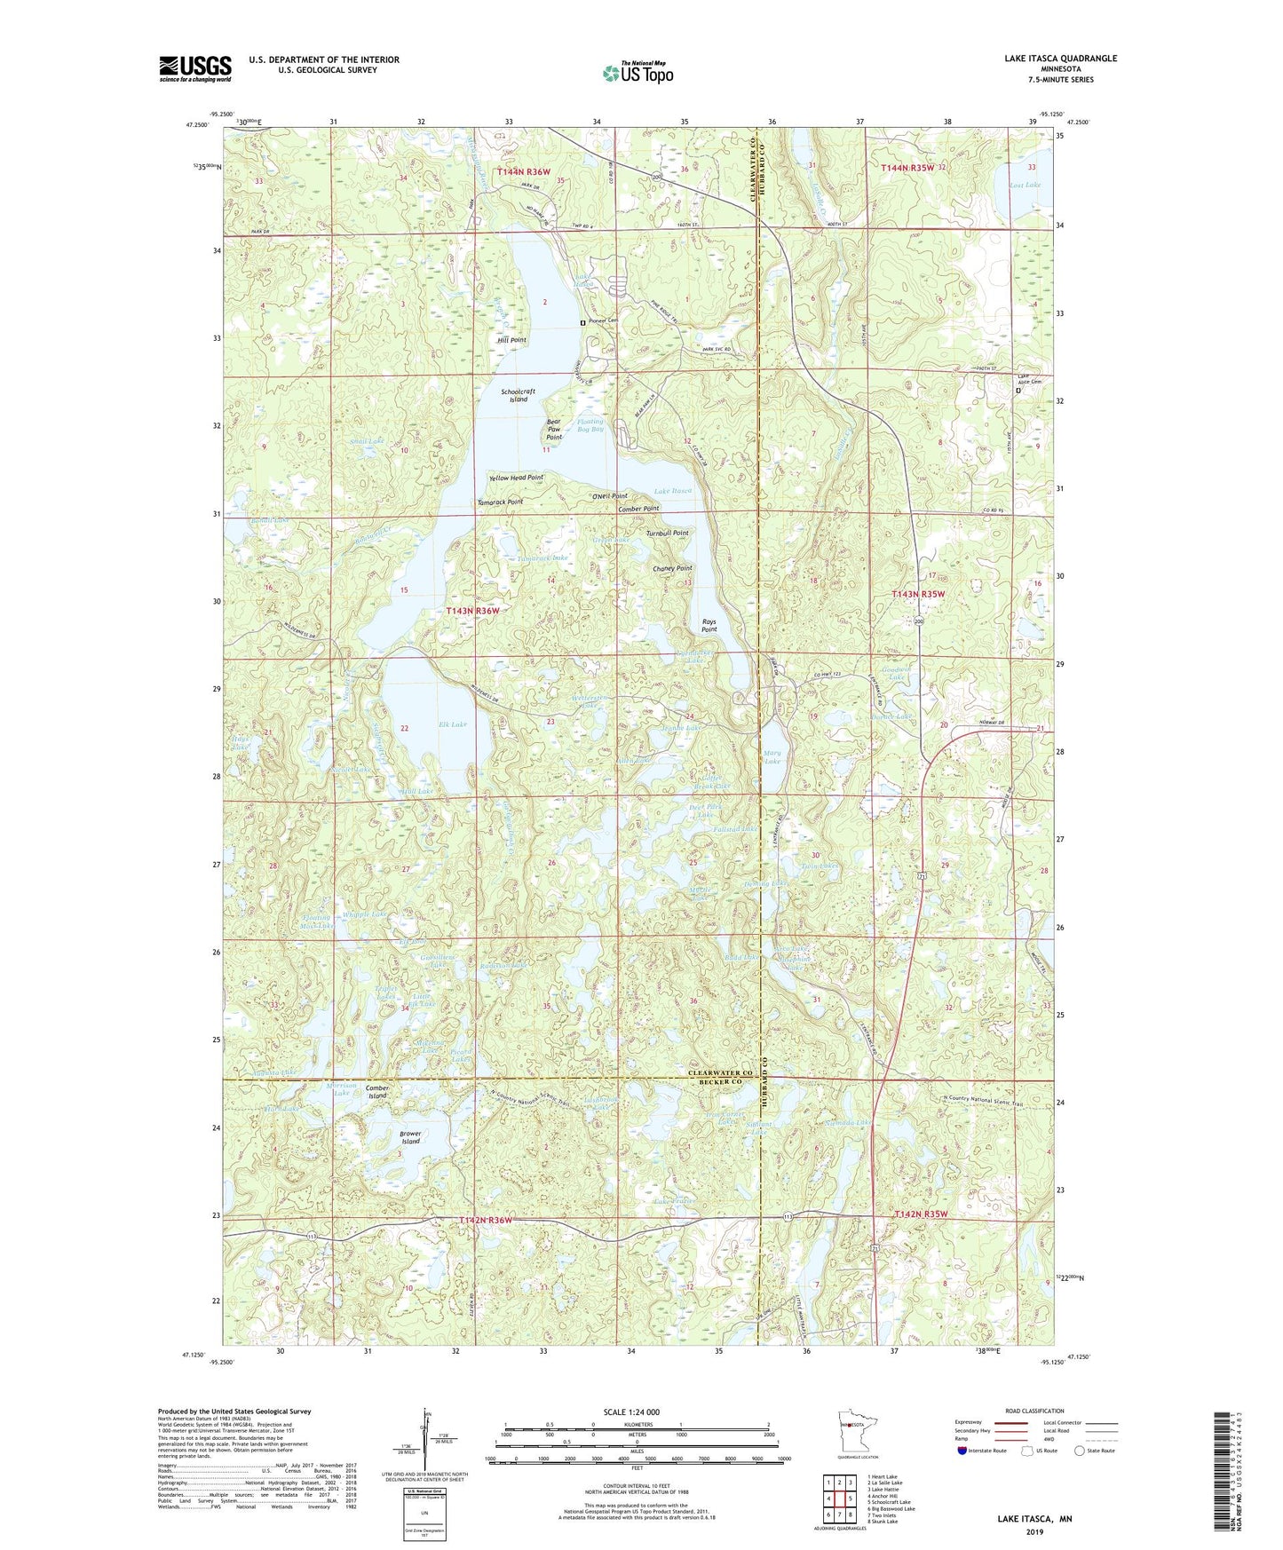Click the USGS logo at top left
click(195, 68)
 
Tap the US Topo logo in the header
click(637, 73)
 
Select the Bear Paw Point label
click(554, 431)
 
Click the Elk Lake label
click(452, 724)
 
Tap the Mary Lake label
click(772, 756)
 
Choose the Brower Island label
click(409, 1137)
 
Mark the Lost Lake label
click(1025, 185)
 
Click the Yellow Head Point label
click(516, 478)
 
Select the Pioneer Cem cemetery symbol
click(582, 322)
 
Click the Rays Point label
click(709, 625)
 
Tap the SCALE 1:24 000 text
click(631, 1412)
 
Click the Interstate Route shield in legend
click(962, 1451)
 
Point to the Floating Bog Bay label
click(590, 425)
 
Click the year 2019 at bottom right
click(1034, 1531)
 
